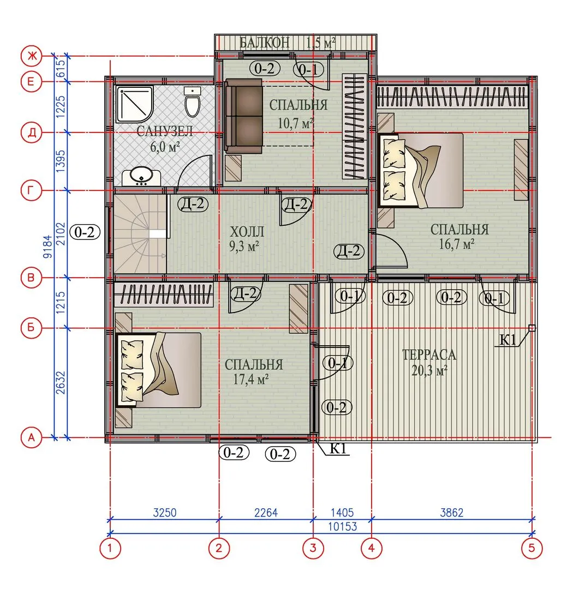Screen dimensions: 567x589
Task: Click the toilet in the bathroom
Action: (x=193, y=102)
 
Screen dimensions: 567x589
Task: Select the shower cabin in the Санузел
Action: (x=135, y=104)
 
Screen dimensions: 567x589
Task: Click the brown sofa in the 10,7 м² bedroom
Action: (x=243, y=116)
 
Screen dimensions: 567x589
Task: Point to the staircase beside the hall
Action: (x=140, y=233)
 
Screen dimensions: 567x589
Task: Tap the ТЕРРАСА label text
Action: (x=429, y=354)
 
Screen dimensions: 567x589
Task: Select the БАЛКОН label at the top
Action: (x=264, y=43)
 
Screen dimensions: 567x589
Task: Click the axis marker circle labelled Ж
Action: (x=31, y=56)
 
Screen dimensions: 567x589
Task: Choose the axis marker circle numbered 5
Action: (x=532, y=548)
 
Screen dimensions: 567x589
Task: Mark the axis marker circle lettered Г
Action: (x=31, y=190)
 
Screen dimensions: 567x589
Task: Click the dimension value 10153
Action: (x=342, y=527)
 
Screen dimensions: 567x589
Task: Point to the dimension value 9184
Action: (x=48, y=247)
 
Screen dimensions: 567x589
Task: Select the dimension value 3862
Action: (x=451, y=512)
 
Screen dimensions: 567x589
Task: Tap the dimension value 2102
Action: (x=61, y=233)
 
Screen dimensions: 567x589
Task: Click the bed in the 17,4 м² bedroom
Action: (x=159, y=370)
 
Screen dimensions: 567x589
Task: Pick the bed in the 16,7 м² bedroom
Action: (x=421, y=171)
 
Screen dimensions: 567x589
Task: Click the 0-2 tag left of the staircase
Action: (x=85, y=232)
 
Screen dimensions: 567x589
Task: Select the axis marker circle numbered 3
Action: (x=313, y=548)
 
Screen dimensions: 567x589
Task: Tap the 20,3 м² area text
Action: (x=429, y=370)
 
